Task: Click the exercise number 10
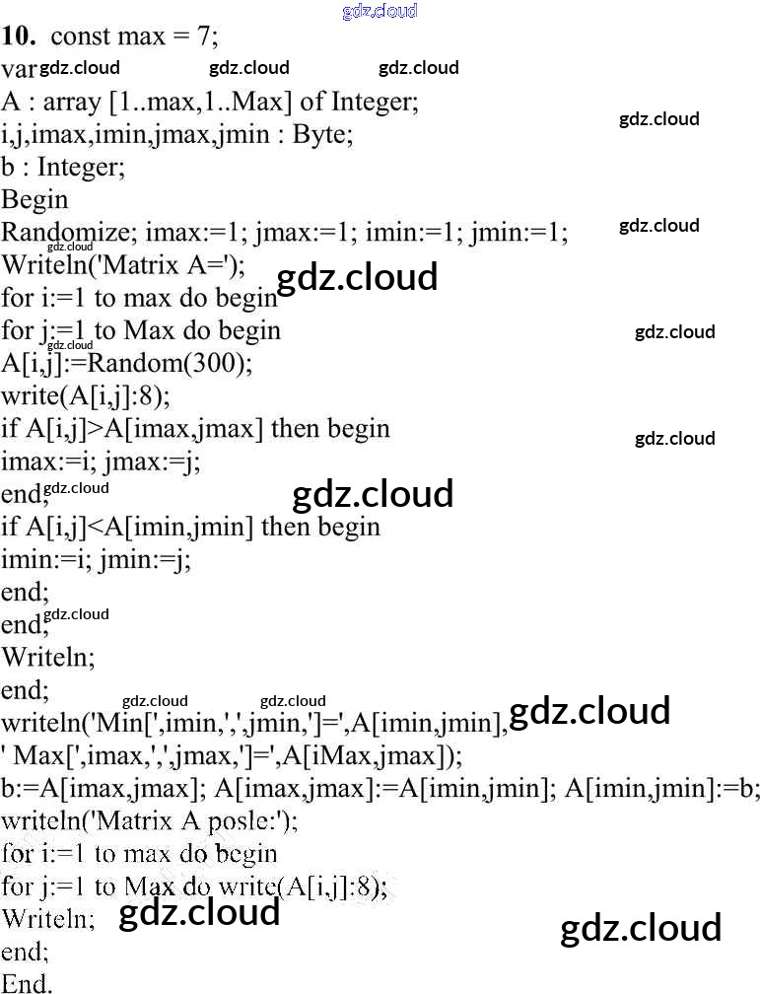[x=18, y=36]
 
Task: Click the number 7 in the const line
[x=204, y=36]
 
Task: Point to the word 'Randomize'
[x=65, y=232]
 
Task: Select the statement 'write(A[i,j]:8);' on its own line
[x=86, y=396]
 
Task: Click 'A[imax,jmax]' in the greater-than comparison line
[x=183, y=429]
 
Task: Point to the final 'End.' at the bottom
[x=27, y=983]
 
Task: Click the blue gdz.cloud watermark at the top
[x=380, y=11]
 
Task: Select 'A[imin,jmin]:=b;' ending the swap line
[x=661, y=789]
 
